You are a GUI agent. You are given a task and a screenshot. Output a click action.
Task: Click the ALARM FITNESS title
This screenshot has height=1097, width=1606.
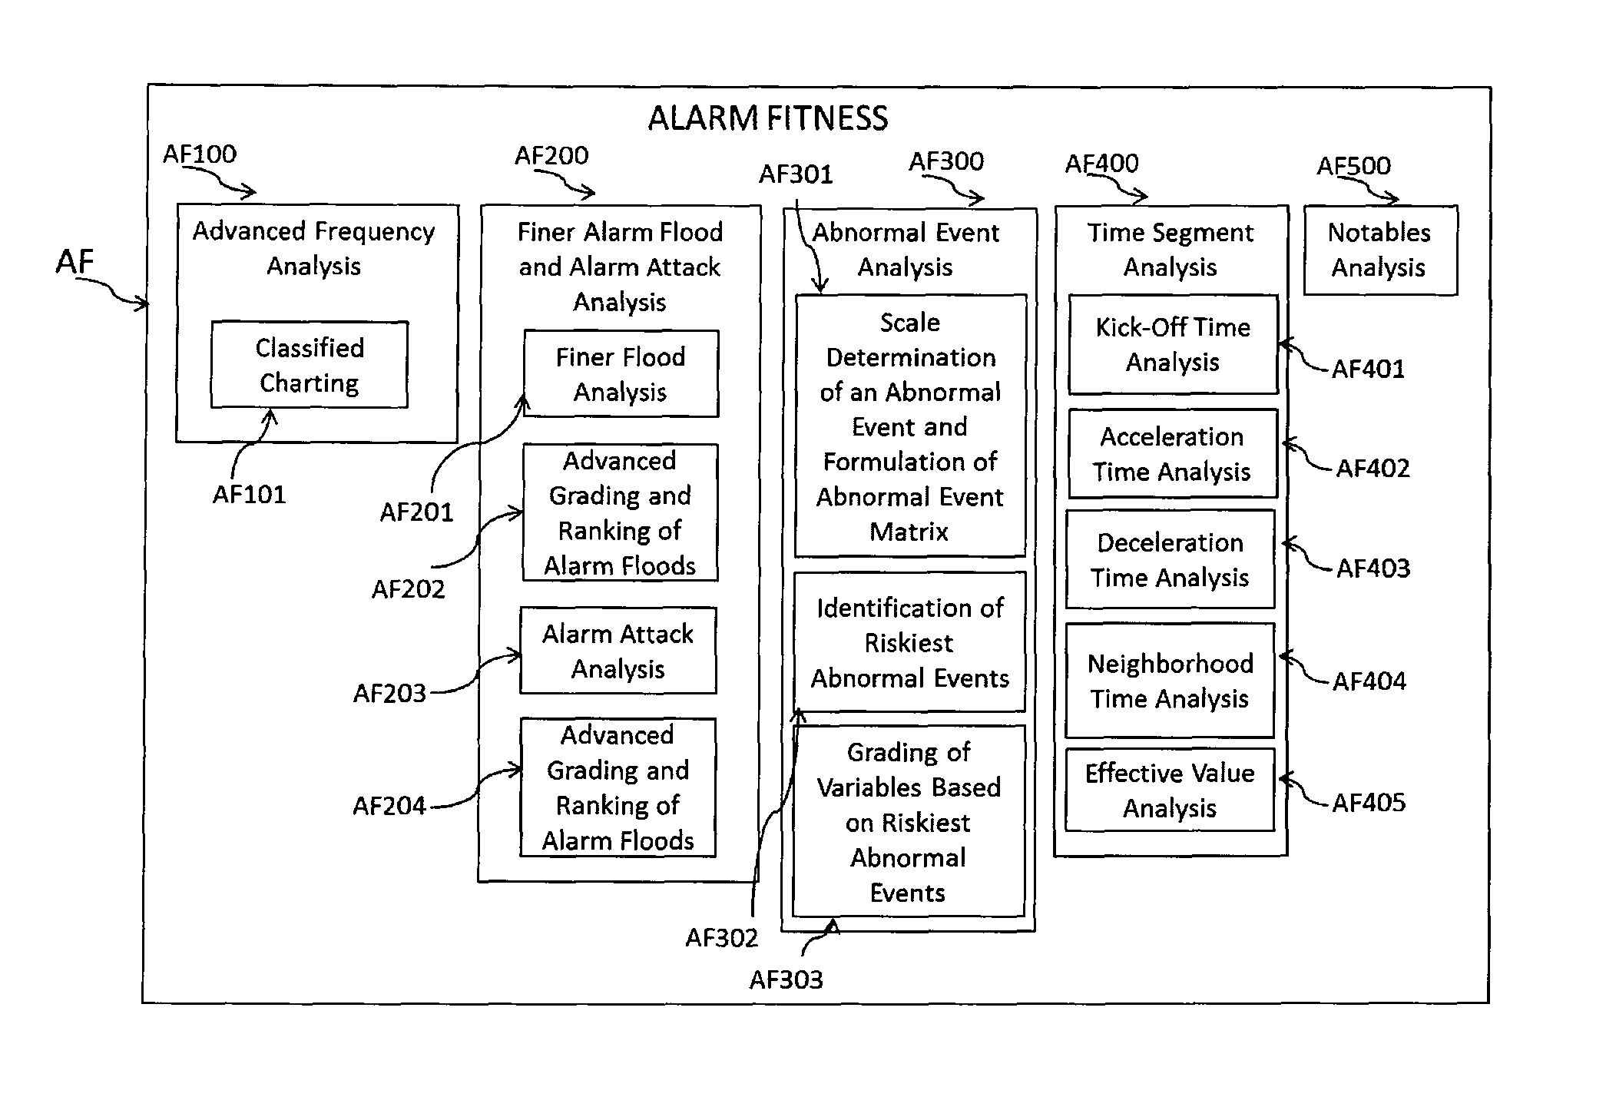click(x=768, y=118)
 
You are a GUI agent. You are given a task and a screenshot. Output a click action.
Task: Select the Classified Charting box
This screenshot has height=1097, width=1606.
click(x=310, y=365)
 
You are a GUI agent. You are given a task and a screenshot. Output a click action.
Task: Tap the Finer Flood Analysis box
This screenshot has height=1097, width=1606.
click(x=621, y=374)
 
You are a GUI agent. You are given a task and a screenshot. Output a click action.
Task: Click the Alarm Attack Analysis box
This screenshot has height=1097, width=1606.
click(x=618, y=651)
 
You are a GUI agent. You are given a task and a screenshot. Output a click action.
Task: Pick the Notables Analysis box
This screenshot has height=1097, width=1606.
click(x=1380, y=250)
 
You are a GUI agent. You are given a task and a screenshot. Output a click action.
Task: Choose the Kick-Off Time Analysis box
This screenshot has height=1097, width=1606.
click(x=1173, y=344)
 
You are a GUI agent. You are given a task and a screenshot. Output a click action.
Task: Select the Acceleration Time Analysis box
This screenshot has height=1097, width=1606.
click(x=1172, y=454)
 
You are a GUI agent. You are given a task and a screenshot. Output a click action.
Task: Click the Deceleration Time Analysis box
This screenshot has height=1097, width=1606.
click(x=1170, y=559)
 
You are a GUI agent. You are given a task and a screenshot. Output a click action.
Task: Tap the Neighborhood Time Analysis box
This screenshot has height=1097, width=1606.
click(x=1170, y=681)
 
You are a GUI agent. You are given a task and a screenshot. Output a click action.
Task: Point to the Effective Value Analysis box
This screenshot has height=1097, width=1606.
click(x=1170, y=790)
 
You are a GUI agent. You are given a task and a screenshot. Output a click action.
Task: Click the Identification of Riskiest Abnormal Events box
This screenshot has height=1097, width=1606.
click(x=909, y=642)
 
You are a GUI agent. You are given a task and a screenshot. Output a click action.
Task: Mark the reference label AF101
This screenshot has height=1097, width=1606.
click(x=249, y=494)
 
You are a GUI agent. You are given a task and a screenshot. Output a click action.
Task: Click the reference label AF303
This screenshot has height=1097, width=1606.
click(x=786, y=979)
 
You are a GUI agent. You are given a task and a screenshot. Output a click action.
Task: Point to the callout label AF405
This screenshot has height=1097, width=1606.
click(x=1369, y=803)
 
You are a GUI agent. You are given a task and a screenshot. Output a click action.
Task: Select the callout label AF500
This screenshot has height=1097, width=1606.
click(x=1353, y=166)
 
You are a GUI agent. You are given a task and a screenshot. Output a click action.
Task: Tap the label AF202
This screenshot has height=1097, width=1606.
click(x=408, y=589)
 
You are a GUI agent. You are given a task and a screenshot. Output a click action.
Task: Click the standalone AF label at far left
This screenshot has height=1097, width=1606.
click(x=75, y=263)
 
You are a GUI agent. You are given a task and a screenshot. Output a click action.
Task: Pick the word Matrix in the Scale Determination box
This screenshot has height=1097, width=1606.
click(x=909, y=532)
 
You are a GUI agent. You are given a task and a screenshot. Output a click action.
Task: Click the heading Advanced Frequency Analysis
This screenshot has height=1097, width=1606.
click(x=313, y=248)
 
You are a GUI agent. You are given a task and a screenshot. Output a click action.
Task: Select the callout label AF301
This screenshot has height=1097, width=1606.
click(x=796, y=174)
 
